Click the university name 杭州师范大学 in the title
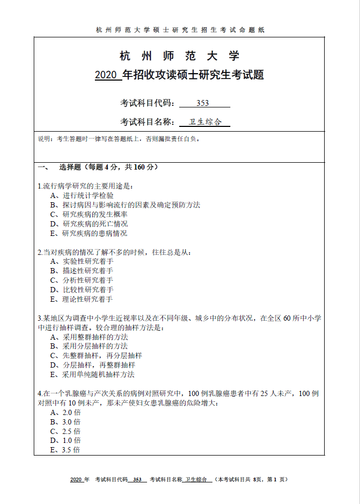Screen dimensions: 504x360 180,56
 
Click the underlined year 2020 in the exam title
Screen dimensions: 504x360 108,75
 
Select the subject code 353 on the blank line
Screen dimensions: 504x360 202,103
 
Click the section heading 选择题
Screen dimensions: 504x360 70,167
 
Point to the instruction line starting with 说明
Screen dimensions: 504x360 118,139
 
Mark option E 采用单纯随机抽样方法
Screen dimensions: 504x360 92,374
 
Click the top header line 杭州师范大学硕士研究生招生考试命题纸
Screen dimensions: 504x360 180,29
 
